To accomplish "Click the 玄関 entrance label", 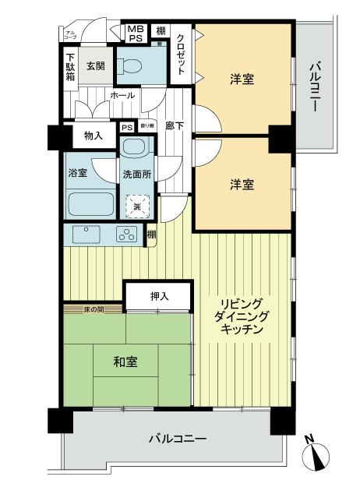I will pyautogui.click(x=95, y=65).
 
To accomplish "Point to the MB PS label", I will pyautogui.click(x=136, y=33).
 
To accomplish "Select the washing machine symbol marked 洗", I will pyautogui.click(x=137, y=206).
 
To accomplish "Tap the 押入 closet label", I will pyautogui.click(x=159, y=296).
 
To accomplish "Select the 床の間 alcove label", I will pyautogui.click(x=94, y=310).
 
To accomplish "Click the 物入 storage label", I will pyautogui.click(x=94, y=136).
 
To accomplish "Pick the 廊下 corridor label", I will pyautogui.click(x=175, y=127).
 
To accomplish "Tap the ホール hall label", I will pyautogui.click(x=122, y=95).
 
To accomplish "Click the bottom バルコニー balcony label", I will pyautogui.click(x=178, y=439).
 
